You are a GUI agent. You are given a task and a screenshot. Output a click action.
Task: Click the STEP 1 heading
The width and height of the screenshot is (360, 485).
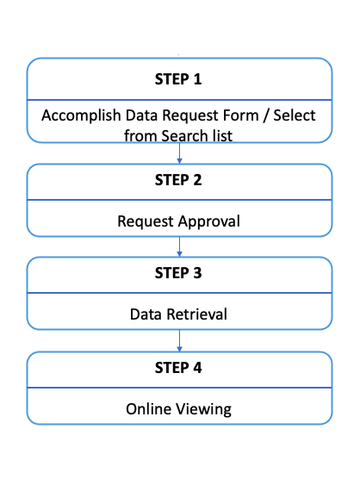click(178, 79)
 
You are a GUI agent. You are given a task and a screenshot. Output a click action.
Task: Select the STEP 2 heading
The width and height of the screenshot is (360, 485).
click(178, 180)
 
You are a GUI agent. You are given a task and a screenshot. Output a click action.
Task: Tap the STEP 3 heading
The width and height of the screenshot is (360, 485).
click(178, 273)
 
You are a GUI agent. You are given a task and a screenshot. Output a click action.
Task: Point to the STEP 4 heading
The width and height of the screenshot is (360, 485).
click(178, 368)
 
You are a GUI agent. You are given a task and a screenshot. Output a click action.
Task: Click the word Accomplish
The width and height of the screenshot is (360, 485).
click(81, 116)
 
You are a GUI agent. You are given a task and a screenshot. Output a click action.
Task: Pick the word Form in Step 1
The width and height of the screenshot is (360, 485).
click(240, 115)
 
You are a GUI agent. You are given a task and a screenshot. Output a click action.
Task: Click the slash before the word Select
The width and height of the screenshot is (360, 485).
click(265, 116)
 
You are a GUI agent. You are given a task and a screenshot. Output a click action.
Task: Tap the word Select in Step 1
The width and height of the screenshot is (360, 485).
click(295, 115)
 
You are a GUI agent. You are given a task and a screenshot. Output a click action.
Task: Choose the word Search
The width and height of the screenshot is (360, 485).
click(184, 136)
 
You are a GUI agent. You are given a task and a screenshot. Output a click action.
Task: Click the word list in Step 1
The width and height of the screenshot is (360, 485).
click(222, 136)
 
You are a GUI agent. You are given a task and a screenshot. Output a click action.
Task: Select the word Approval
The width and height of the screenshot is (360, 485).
click(209, 222)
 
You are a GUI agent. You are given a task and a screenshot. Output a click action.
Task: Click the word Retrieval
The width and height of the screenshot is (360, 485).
click(196, 314)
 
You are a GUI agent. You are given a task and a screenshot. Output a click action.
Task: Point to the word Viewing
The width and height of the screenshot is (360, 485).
click(203, 410)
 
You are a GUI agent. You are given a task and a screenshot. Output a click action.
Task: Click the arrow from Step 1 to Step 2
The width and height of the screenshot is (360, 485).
click(179, 153)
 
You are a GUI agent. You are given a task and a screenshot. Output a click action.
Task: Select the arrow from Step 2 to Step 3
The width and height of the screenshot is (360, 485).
click(179, 246)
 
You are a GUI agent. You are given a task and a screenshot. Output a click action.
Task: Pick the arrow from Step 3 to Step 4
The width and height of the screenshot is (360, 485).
click(179, 340)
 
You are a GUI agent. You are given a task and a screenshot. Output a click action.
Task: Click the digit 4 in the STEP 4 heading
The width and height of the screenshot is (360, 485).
click(197, 368)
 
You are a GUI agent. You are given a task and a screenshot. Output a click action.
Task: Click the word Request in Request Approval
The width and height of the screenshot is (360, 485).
click(146, 222)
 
